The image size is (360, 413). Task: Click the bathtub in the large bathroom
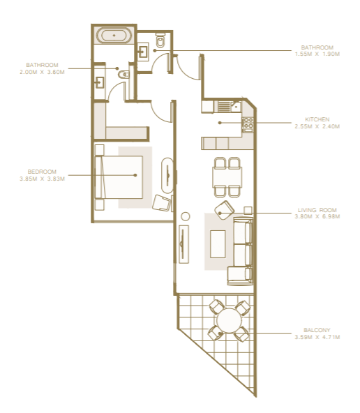point(114,35)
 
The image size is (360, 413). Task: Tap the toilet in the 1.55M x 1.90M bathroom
point(160,40)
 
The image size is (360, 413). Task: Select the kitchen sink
point(235,107)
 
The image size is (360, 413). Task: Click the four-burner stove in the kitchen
point(248,124)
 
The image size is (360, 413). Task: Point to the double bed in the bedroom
point(119,177)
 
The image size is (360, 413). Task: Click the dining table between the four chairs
point(227,177)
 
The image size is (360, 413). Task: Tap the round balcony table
point(229,321)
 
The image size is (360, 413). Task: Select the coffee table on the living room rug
point(218,244)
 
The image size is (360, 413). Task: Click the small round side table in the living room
point(186,216)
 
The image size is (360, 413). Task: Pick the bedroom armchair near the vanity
point(161,203)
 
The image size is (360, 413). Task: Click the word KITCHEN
point(317,119)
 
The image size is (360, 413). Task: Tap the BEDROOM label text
point(42,172)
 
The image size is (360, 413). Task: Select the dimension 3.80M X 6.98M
point(317,216)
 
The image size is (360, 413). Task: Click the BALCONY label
point(317,330)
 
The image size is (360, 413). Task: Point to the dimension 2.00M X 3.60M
point(42,72)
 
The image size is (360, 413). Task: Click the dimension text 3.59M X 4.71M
point(317,337)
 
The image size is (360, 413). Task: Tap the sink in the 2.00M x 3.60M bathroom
point(100,82)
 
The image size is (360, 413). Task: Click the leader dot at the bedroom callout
point(135,175)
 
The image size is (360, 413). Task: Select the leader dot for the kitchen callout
point(220,123)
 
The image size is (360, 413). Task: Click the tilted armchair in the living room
point(225,210)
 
